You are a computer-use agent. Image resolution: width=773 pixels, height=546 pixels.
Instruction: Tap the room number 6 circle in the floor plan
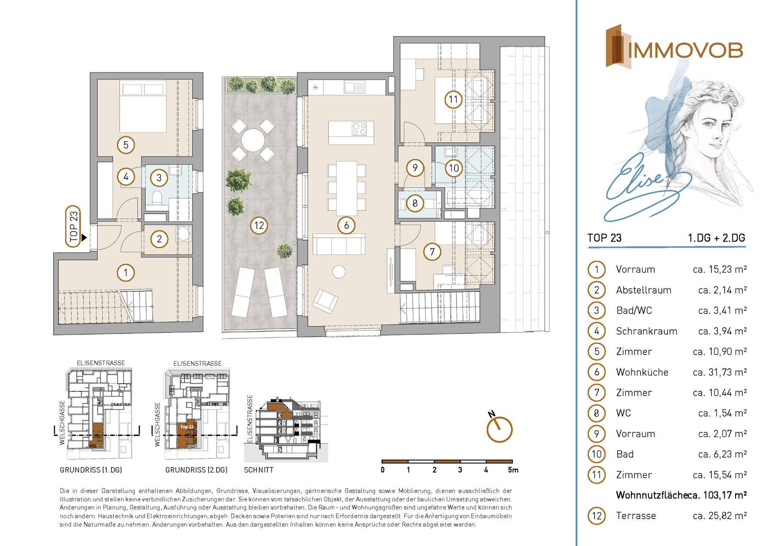click(346, 225)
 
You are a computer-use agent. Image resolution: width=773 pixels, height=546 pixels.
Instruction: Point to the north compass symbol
click(499, 429)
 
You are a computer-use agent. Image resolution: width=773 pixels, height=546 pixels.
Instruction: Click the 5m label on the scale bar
click(513, 470)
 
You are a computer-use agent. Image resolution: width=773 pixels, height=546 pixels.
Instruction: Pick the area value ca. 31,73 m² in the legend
click(720, 372)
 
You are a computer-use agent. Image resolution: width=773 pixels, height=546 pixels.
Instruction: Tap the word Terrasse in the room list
click(636, 516)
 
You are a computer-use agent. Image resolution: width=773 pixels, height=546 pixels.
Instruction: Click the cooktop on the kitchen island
click(359, 129)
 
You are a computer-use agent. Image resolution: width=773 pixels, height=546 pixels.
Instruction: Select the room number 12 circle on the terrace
click(259, 225)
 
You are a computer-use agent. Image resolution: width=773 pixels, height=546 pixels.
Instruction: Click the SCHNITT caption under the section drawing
click(258, 470)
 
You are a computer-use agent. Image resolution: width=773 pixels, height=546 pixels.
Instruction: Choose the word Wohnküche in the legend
click(642, 372)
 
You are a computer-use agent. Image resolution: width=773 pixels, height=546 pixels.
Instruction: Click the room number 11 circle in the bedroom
click(453, 99)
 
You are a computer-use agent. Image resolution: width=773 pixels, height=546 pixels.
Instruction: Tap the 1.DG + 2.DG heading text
click(717, 238)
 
